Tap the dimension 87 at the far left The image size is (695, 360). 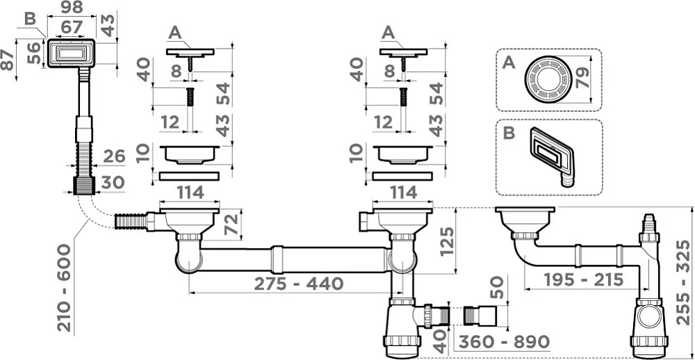[x=8, y=59]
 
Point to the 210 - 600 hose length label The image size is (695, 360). [x=64, y=288]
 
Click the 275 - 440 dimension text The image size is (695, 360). [x=299, y=284]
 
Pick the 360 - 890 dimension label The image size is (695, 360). [x=504, y=342]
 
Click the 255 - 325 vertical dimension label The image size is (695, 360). [x=685, y=282]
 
